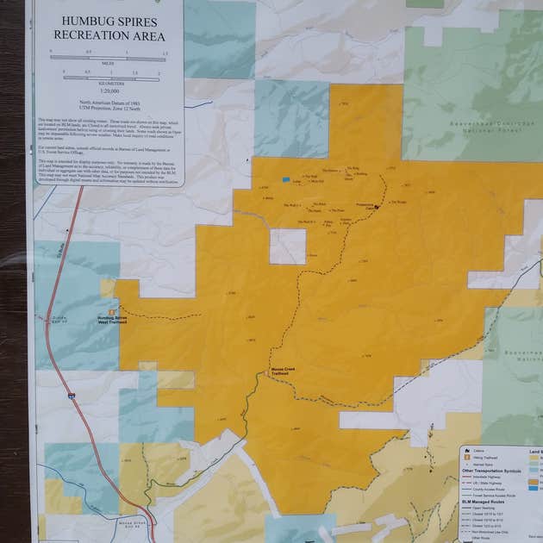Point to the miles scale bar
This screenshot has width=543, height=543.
108,59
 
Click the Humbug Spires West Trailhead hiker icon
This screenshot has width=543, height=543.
112,312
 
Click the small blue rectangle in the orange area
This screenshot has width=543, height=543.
286,180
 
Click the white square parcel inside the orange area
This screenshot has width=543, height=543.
287,247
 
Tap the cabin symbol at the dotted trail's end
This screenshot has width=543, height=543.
376,207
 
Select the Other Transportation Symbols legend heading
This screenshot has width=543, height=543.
491,471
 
